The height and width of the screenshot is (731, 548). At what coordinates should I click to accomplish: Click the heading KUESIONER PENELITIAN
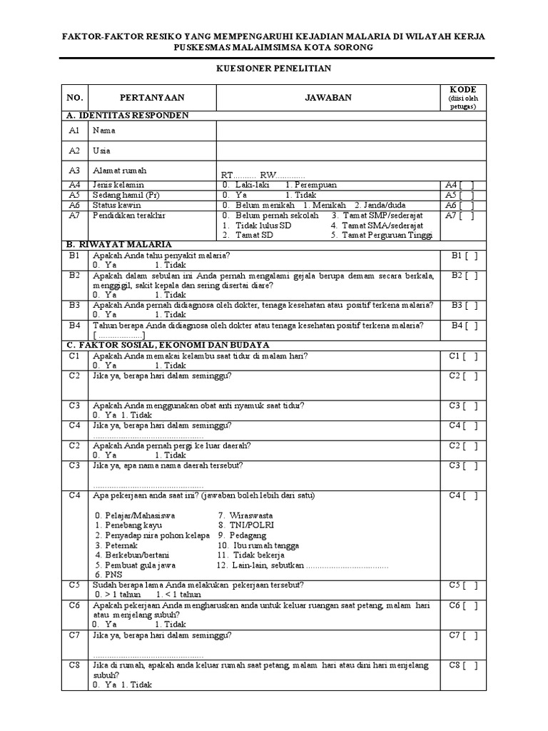tap(274, 68)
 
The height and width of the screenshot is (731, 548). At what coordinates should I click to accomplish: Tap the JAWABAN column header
tap(330, 97)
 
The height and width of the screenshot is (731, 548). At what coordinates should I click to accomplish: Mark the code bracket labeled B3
tap(464, 305)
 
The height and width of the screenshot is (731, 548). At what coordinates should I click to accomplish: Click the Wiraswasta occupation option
tap(245, 515)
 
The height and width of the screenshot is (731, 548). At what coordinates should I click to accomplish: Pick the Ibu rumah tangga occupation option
tap(253, 545)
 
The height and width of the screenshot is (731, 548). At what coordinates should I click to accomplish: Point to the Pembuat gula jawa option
tap(135, 565)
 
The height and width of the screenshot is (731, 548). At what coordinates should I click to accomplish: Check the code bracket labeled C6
tap(464, 605)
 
